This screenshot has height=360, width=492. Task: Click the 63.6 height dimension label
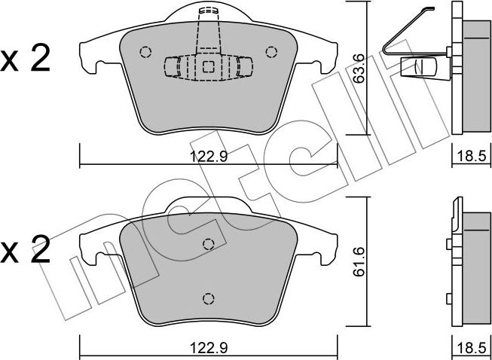click(x=358, y=69)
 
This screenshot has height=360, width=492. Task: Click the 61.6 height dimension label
click(x=358, y=261)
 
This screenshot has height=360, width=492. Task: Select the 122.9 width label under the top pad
click(x=209, y=156)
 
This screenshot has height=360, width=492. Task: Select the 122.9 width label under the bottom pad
click(x=209, y=348)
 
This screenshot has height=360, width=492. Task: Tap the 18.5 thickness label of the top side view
click(x=472, y=156)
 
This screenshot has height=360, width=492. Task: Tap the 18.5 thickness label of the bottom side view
click(x=472, y=348)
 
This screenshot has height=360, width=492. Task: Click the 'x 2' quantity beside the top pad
click(x=25, y=58)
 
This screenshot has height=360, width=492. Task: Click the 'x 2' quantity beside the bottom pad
click(x=25, y=249)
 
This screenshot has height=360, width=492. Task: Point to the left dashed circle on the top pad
click(x=145, y=52)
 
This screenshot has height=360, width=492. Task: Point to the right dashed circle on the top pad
click(x=271, y=52)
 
